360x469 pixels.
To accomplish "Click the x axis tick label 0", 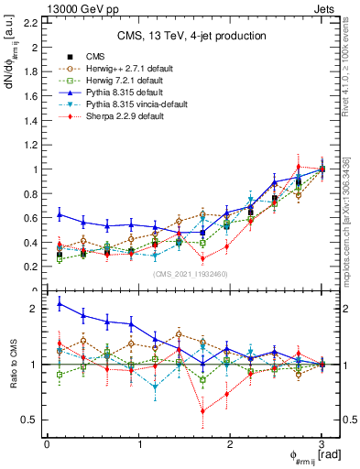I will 47,443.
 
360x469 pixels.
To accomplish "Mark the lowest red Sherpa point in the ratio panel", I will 202,411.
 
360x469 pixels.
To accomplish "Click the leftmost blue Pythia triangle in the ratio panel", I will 60,303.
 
